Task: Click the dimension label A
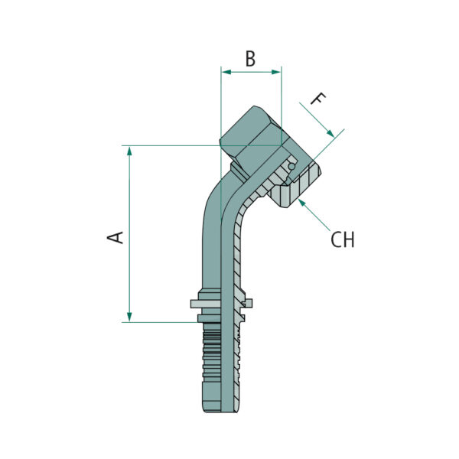coord(116,237)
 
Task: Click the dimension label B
coord(250,59)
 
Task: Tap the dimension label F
coord(317,99)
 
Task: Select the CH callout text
coord(342,239)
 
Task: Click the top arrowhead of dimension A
coord(129,151)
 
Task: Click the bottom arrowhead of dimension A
coord(129,317)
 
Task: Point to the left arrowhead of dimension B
coord(226,72)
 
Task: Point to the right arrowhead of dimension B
coord(276,72)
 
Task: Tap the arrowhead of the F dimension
coord(330,133)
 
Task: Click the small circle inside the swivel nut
coord(291,166)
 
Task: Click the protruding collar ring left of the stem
coord(205,304)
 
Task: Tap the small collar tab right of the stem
coord(248,303)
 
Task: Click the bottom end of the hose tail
coord(220,411)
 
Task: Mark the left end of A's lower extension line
coord(122,322)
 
